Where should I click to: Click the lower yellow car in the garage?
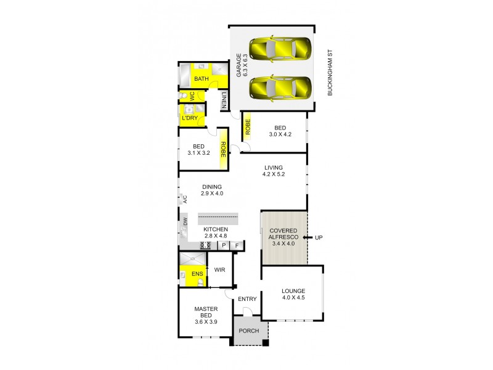tap(280, 87)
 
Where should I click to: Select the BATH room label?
tap(202, 79)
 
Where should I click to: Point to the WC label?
tap(192, 96)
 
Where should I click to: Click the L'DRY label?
tap(189, 117)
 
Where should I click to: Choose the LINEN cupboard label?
tap(225, 101)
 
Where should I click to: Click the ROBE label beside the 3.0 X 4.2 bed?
tap(247, 127)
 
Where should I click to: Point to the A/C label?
tap(184, 199)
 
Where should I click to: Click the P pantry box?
tap(224, 245)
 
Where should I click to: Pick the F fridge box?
tap(237, 245)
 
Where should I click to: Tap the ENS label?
tap(197, 274)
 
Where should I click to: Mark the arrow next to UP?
tap(306, 237)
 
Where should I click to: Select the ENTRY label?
tap(247, 299)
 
